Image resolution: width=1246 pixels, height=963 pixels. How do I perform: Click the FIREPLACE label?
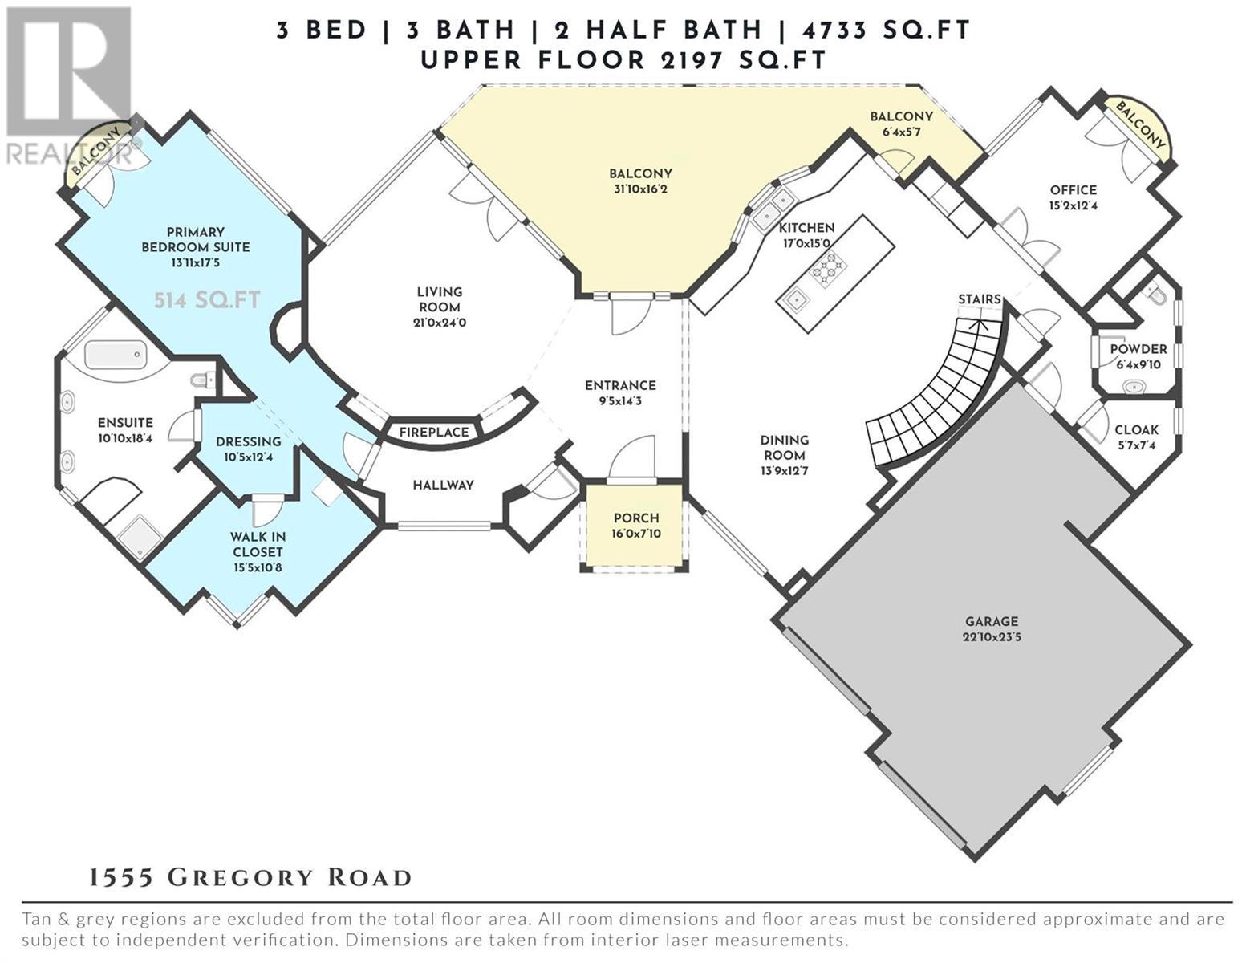(434, 433)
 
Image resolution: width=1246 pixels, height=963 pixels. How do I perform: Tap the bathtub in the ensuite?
(114, 356)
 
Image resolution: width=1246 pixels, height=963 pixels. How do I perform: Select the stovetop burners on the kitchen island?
(827, 267)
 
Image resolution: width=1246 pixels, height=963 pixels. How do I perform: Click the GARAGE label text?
(992, 621)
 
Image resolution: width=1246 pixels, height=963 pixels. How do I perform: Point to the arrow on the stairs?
(978, 325)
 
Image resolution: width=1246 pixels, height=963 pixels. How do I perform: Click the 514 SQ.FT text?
(207, 300)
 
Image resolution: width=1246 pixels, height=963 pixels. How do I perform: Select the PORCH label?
(636, 518)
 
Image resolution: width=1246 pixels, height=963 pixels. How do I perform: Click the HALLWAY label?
(443, 486)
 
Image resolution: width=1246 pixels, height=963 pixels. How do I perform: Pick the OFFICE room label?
(1074, 190)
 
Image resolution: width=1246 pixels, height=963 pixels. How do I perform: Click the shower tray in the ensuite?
(140, 536)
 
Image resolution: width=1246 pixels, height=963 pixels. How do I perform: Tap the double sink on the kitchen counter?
(773, 208)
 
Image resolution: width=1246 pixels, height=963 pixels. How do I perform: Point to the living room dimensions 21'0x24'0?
(440, 323)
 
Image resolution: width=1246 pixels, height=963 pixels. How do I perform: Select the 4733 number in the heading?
(834, 30)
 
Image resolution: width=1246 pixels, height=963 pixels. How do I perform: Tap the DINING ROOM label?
(785, 448)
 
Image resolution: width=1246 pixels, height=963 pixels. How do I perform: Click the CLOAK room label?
(1136, 430)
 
